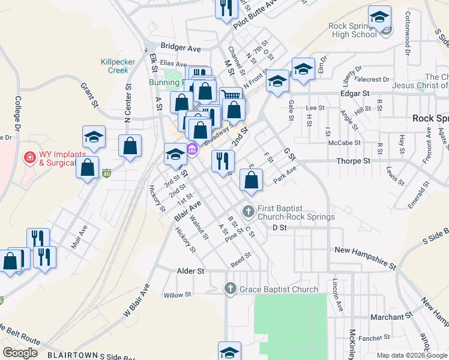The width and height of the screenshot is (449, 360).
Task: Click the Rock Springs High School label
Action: coord(353,30)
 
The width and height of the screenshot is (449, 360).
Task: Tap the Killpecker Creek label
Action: coord(115,66)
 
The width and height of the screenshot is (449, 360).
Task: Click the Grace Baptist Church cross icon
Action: coord(230,289)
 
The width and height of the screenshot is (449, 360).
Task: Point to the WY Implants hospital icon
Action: coord(28,157)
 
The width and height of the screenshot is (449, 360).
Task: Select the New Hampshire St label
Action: coord(366,257)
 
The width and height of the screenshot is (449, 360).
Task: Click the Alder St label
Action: coord(191,271)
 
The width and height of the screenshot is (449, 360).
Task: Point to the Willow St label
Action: coord(177,295)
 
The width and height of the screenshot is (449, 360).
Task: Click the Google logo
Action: coord(20,352)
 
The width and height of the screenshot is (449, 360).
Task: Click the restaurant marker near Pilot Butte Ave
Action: coord(226,8)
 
